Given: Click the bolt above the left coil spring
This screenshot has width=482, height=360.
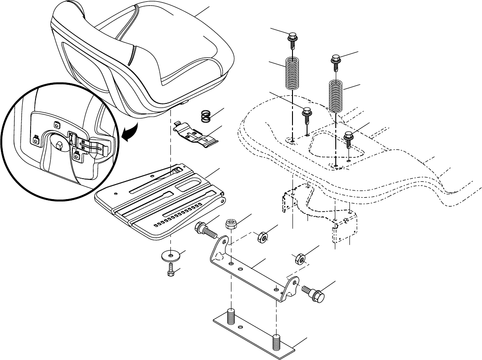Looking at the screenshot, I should [292, 38].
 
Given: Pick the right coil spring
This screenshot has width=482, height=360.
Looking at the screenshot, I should [336, 96].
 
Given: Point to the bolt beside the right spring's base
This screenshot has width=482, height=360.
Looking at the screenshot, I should [349, 139].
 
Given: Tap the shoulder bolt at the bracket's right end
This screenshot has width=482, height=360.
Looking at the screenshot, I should [315, 293].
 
